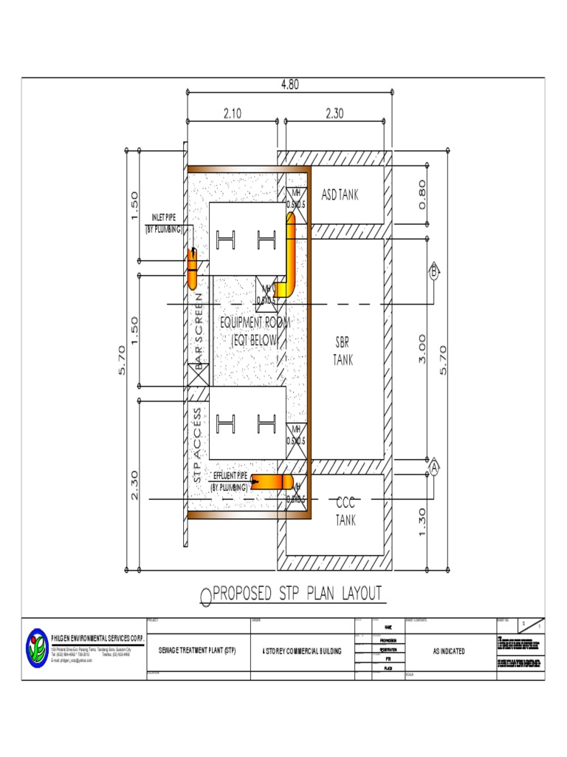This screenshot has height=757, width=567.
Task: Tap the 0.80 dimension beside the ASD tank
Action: pos(422,194)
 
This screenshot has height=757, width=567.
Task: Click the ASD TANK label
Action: pos(340,195)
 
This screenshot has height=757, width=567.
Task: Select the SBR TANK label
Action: pos(343,352)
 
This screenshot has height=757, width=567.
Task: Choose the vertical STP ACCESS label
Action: pos(198,445)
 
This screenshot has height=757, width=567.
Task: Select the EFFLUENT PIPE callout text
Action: pos(229,481)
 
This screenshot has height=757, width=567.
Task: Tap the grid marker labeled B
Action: pos(434,272)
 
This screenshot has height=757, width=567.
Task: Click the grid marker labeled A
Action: pos(434,467)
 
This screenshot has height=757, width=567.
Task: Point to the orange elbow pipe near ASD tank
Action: pos(287,255)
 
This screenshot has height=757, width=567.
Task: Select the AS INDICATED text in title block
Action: pos(448,651)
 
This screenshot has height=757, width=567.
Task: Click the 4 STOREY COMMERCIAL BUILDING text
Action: pos(302,651)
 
